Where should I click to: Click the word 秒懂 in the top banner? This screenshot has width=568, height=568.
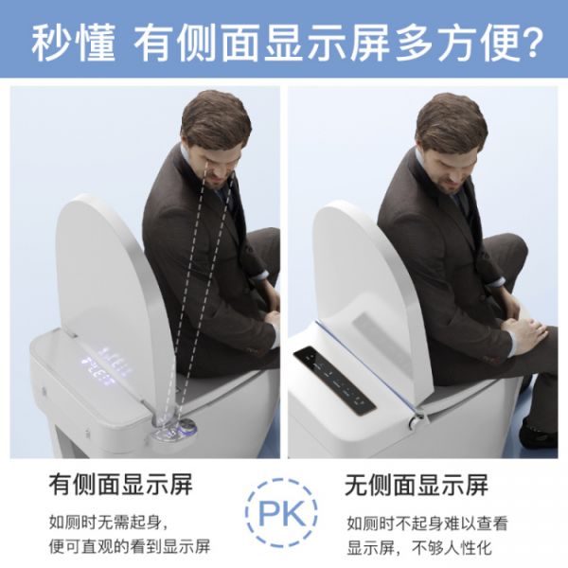tap(74, 44)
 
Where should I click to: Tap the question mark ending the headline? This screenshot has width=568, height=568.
tap(533, 43)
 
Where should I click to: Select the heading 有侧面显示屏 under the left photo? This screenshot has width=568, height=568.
tap(120, 485)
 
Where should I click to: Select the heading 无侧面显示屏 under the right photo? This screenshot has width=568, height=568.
tap(416, 485)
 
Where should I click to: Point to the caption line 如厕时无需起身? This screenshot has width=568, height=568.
tap(109, 523)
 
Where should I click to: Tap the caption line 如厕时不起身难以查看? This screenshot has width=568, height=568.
tap(427, 524)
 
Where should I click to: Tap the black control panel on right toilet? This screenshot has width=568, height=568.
tap(334, 380)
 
